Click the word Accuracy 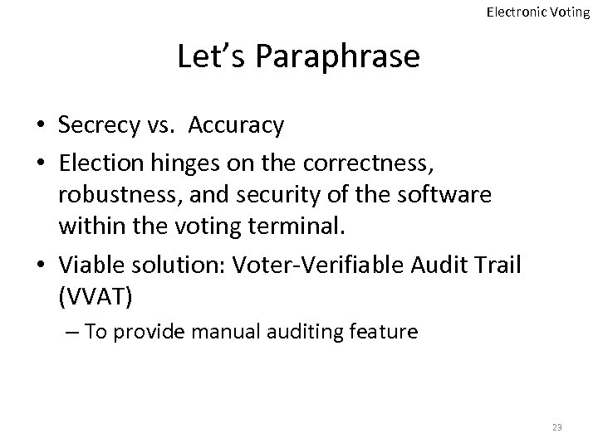pyautogui.click(x=236, y=125)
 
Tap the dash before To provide pyautogui.click(x=70, y=333)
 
